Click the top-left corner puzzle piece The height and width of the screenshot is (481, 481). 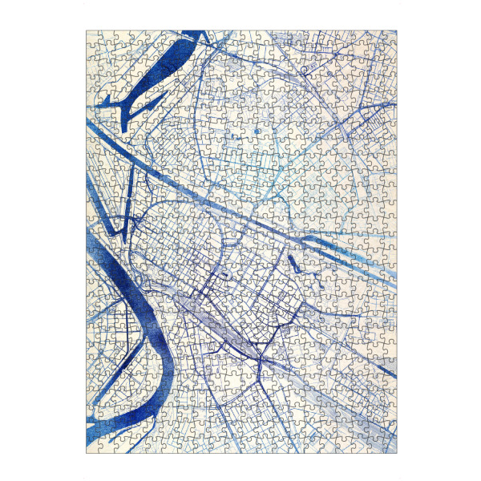[93, 37]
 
